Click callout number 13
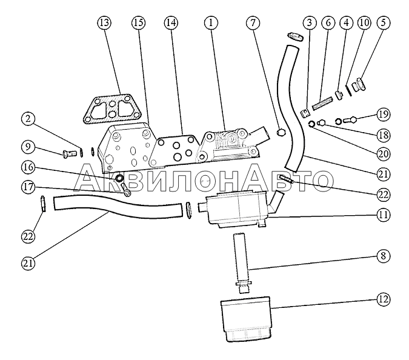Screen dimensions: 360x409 click(x=104, y=23)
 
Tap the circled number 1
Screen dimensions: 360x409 click(x=210, y=23)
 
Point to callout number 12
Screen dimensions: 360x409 click(x=383, y=299)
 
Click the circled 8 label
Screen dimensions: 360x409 click(x=383, y=256)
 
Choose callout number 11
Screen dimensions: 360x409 click(x=383, y=214)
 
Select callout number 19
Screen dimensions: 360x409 click(x=383, y=113)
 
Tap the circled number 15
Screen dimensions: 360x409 click(x=138, y=23)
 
